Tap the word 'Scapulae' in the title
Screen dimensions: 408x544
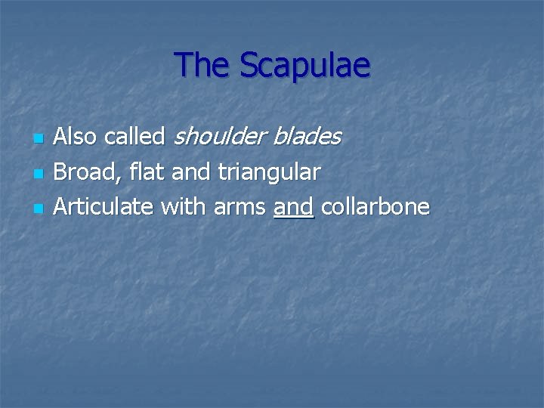pos(305,66)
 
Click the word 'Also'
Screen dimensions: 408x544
pos(77,137)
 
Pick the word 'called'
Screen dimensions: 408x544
pos(135,137)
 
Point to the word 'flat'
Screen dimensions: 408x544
pos(143,172)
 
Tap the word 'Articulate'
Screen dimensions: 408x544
pos(102,206)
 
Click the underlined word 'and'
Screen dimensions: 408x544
pos(294,206)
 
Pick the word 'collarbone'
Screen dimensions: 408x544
pos(376,206)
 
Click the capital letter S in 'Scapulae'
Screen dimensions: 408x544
pos(250,66)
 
